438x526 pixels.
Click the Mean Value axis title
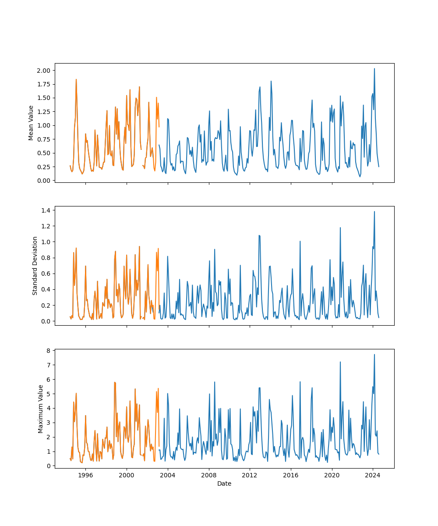31,123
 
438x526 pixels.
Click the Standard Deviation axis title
35,266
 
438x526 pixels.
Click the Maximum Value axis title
41,409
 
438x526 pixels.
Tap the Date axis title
224,483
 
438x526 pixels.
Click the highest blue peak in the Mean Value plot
374,68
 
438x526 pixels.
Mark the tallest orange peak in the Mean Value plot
76,79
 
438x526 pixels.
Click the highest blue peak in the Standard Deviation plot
374,211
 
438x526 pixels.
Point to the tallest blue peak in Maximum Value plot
374,354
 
